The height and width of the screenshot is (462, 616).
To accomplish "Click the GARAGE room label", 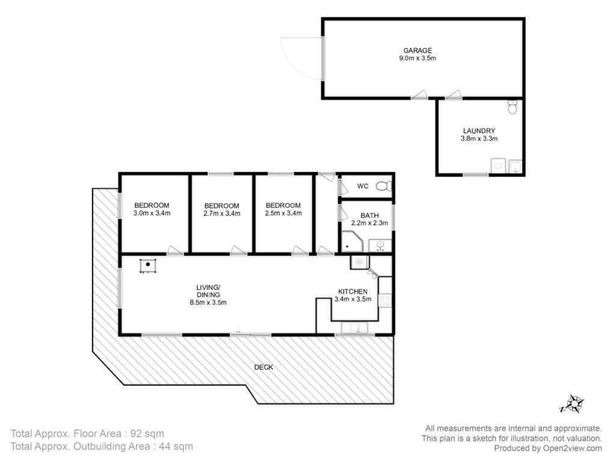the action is [417, 51].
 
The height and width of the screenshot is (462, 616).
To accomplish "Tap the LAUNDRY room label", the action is [479, 131].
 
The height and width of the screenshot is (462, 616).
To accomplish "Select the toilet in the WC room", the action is [383, 186].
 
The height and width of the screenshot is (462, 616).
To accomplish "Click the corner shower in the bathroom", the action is [352, 242].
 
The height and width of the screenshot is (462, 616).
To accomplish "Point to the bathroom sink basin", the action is [380, 246].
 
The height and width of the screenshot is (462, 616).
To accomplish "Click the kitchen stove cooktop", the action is [384, 301].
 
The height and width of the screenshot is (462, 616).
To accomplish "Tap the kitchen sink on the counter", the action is [354, 328].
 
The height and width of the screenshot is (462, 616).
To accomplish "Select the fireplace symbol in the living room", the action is [148, 265].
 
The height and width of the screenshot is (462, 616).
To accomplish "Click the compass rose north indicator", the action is [574, 404].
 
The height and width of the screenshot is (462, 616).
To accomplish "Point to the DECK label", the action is [263, 368].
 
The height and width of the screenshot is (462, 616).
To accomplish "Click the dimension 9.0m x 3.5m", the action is [417, 58].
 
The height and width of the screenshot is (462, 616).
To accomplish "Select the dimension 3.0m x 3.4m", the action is [152, 214].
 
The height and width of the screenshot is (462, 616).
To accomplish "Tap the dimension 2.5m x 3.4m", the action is [283, 214].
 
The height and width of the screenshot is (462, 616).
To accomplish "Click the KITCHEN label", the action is [353, 292].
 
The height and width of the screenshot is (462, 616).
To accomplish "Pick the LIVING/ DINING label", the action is [208, 291].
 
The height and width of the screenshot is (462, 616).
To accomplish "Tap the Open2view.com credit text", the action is [573, 448].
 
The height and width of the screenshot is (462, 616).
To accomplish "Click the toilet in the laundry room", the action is [513, 107].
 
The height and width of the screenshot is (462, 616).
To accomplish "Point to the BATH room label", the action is [370, 216].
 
